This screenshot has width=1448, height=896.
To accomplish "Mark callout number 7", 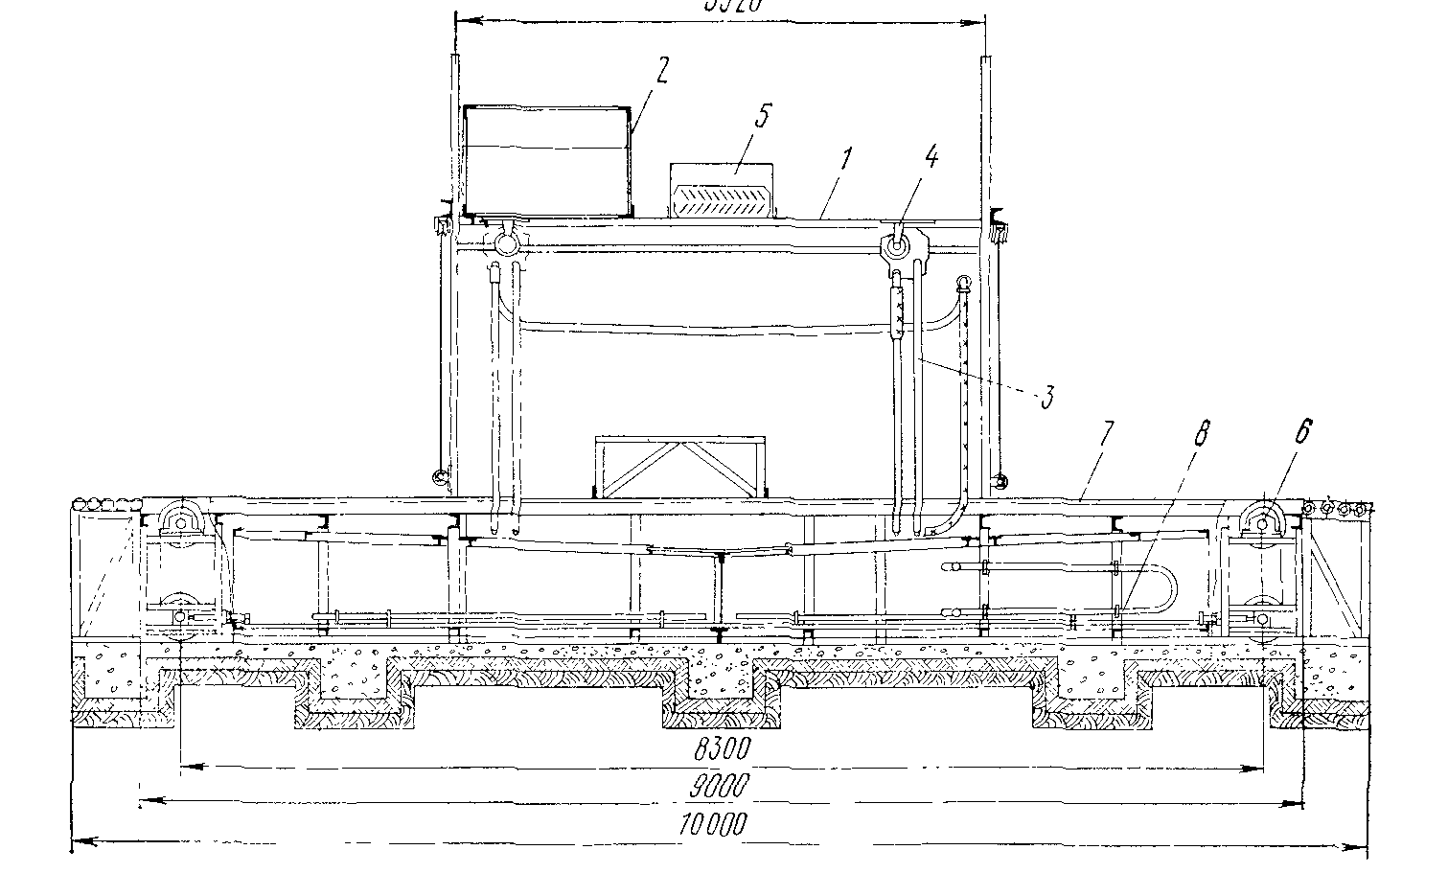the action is point(1106,435).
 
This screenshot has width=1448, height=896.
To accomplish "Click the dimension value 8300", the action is point(721,747).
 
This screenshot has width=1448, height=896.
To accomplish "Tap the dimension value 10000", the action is point(711,823).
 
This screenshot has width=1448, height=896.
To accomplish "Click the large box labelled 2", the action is point(546,160).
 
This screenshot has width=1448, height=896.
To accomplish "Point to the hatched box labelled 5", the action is point(722,189).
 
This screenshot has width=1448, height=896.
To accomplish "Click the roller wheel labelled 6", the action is point(1261,521).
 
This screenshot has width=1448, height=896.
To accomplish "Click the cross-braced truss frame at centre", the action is point(680,467).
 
